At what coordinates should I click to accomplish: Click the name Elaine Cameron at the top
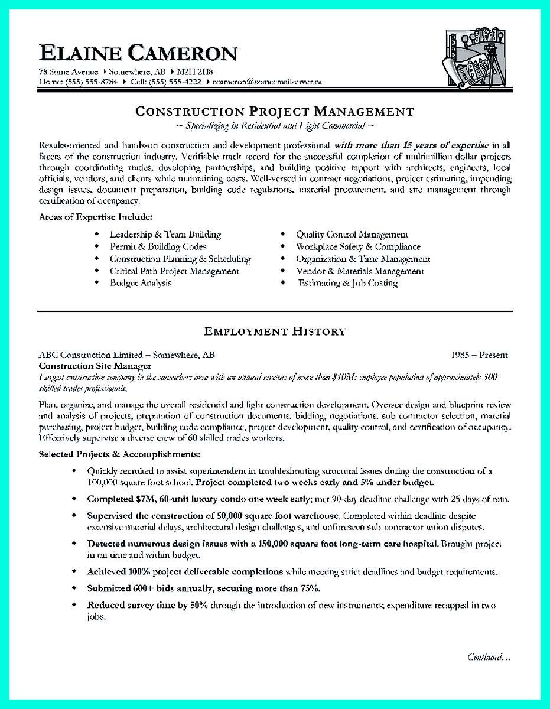(138, 53)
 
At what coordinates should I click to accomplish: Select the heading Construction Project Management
(275, 111)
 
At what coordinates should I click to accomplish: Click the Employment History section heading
(275, 331)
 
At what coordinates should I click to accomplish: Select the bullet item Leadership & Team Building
(165, 235)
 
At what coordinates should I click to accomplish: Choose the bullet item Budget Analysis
(140, 283)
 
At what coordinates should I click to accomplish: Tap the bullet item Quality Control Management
(352, 235)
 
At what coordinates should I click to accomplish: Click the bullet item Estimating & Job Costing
(347, 283)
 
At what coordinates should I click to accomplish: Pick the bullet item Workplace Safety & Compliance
(358, 246)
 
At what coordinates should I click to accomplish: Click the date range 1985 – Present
(479, 355)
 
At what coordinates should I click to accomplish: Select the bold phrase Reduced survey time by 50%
(147, 605)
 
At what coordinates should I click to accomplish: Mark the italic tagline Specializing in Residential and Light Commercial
(275, 126)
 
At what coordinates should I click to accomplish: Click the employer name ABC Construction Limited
(90, 355)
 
